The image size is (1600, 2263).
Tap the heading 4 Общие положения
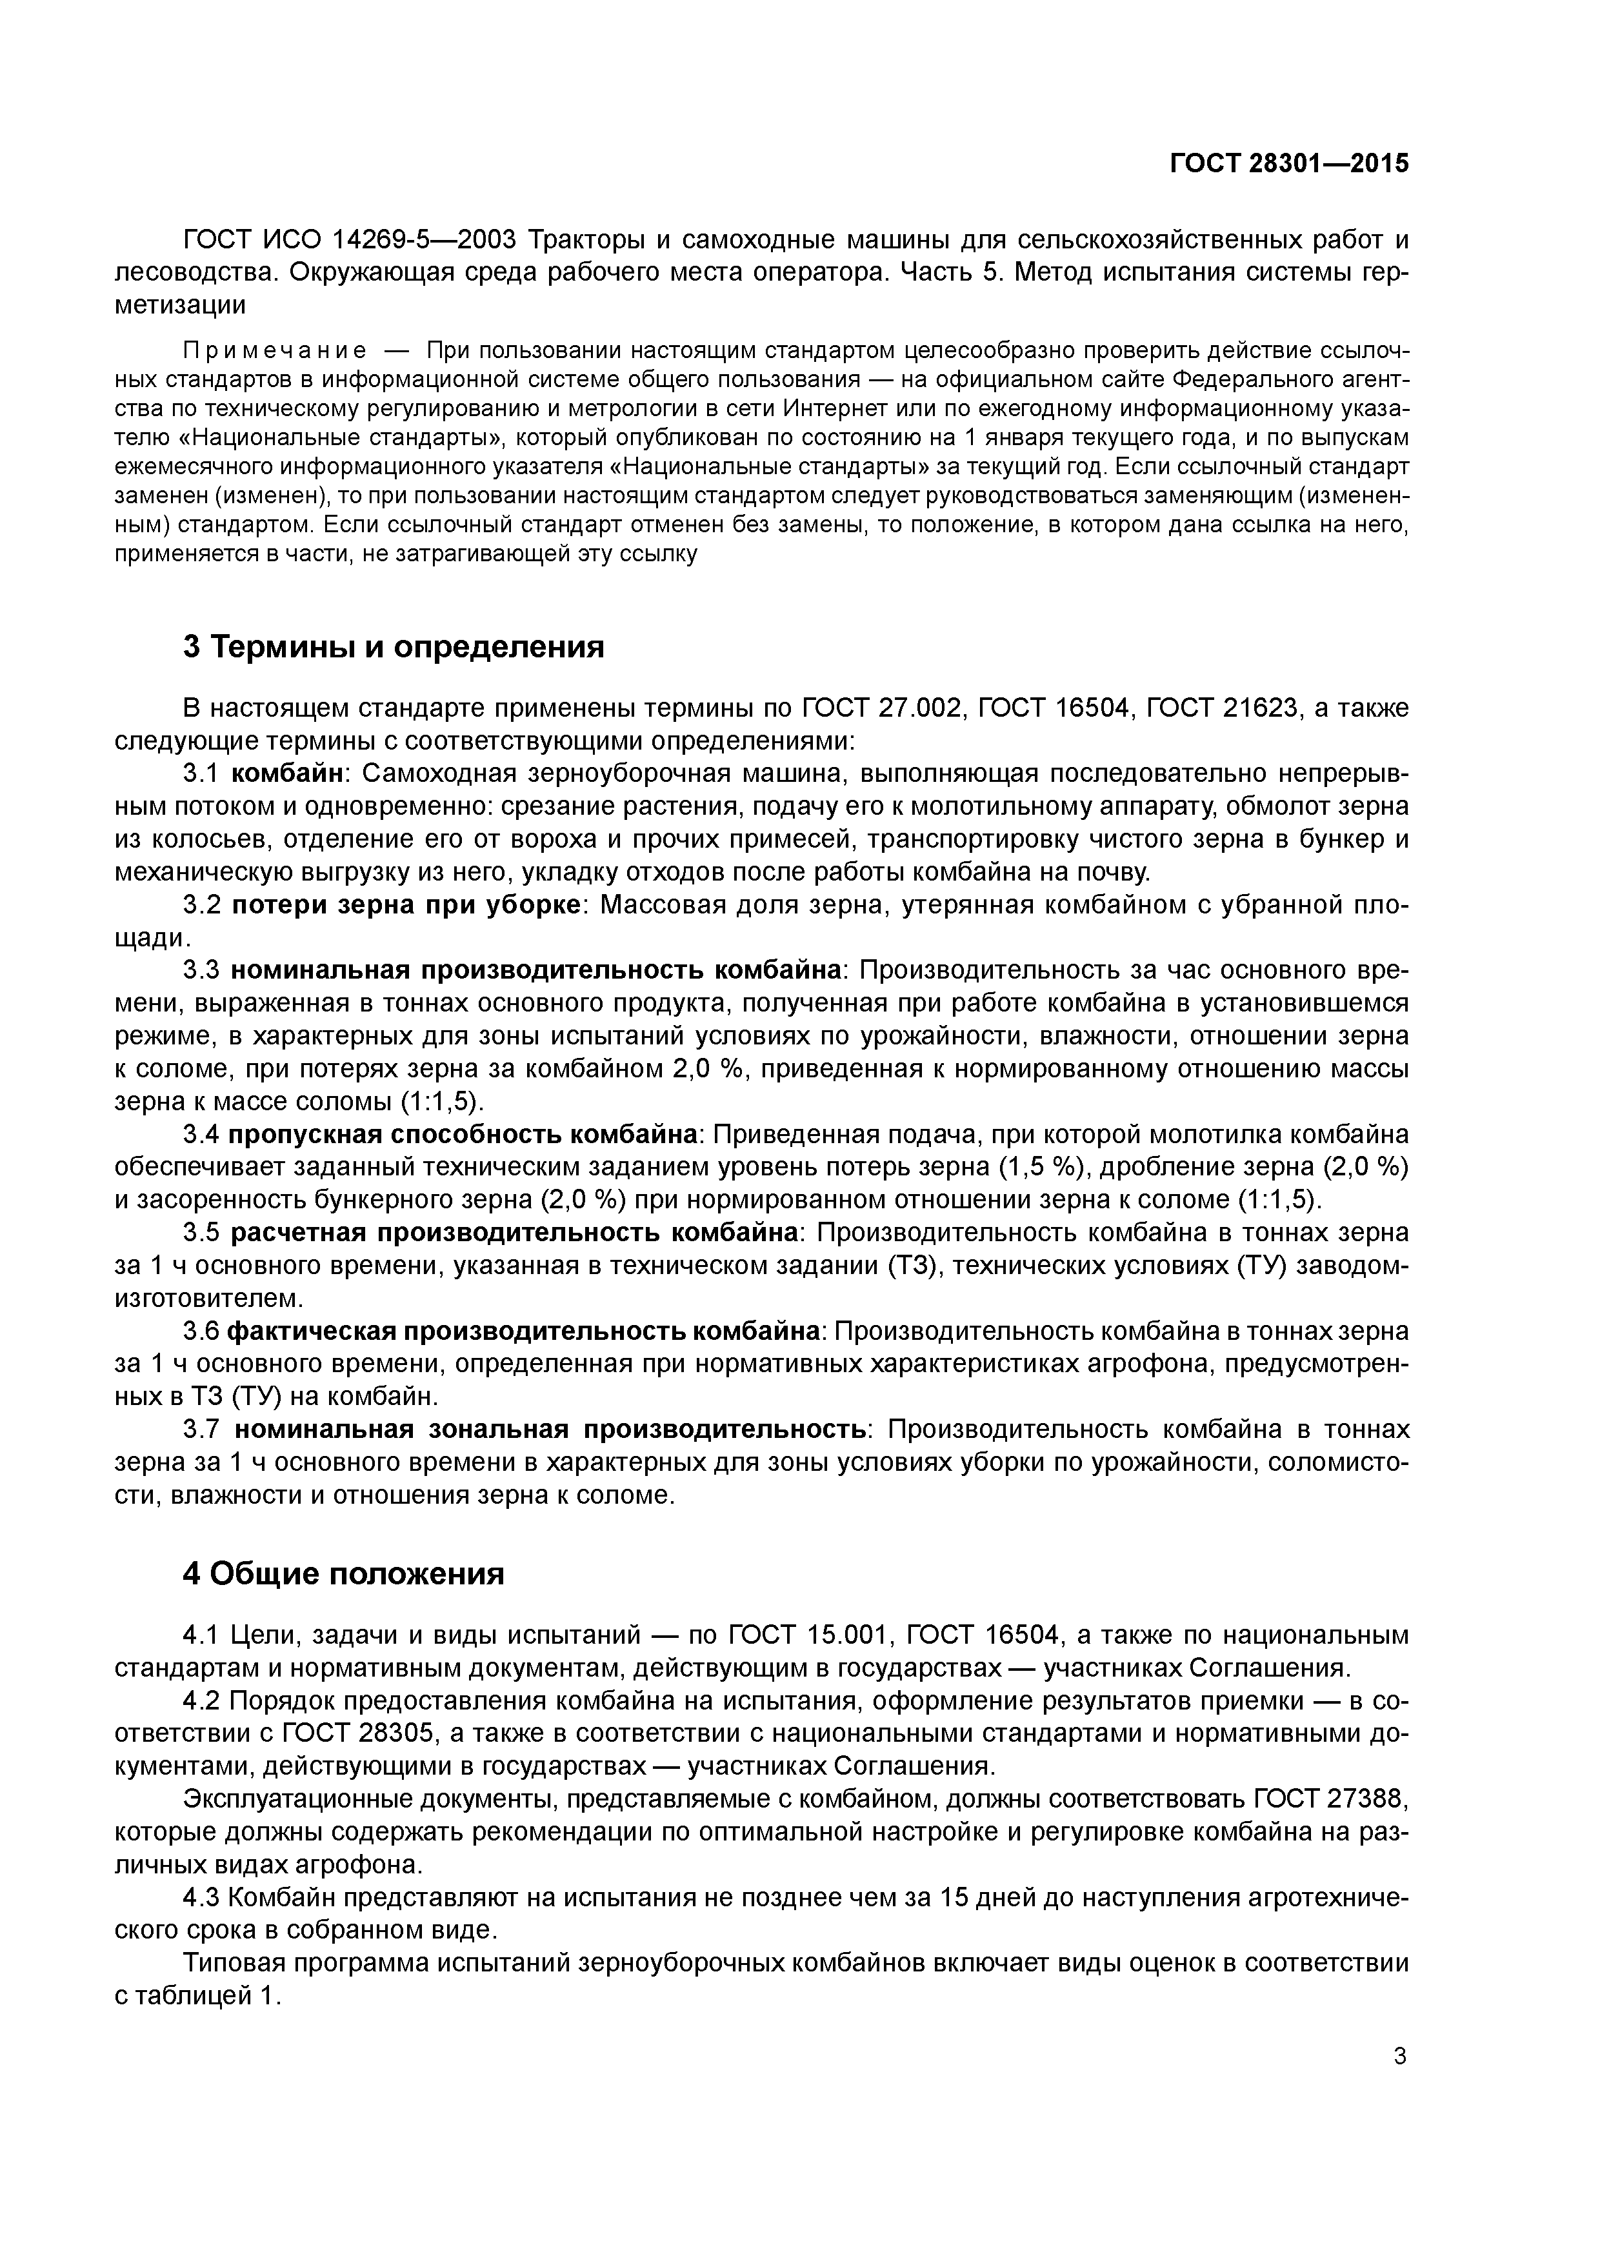tap(343, 1574)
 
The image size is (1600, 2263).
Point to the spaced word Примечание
tap(275, 351)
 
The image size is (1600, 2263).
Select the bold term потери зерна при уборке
tap(406, 905)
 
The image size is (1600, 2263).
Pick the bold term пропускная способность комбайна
tap(463, 1135)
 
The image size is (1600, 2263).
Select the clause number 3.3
tap(202, 971)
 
